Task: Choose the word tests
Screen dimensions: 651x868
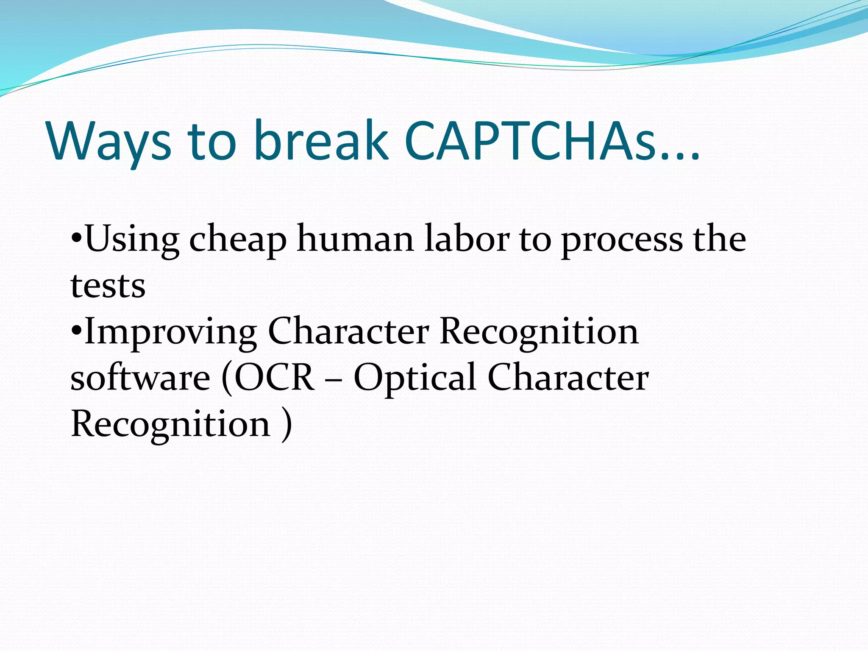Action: coord(108,286)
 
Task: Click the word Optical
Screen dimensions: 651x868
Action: coord(415,378)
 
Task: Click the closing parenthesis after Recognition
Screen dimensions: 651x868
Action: coord(287,424)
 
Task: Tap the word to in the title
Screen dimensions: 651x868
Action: coord(211,142)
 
